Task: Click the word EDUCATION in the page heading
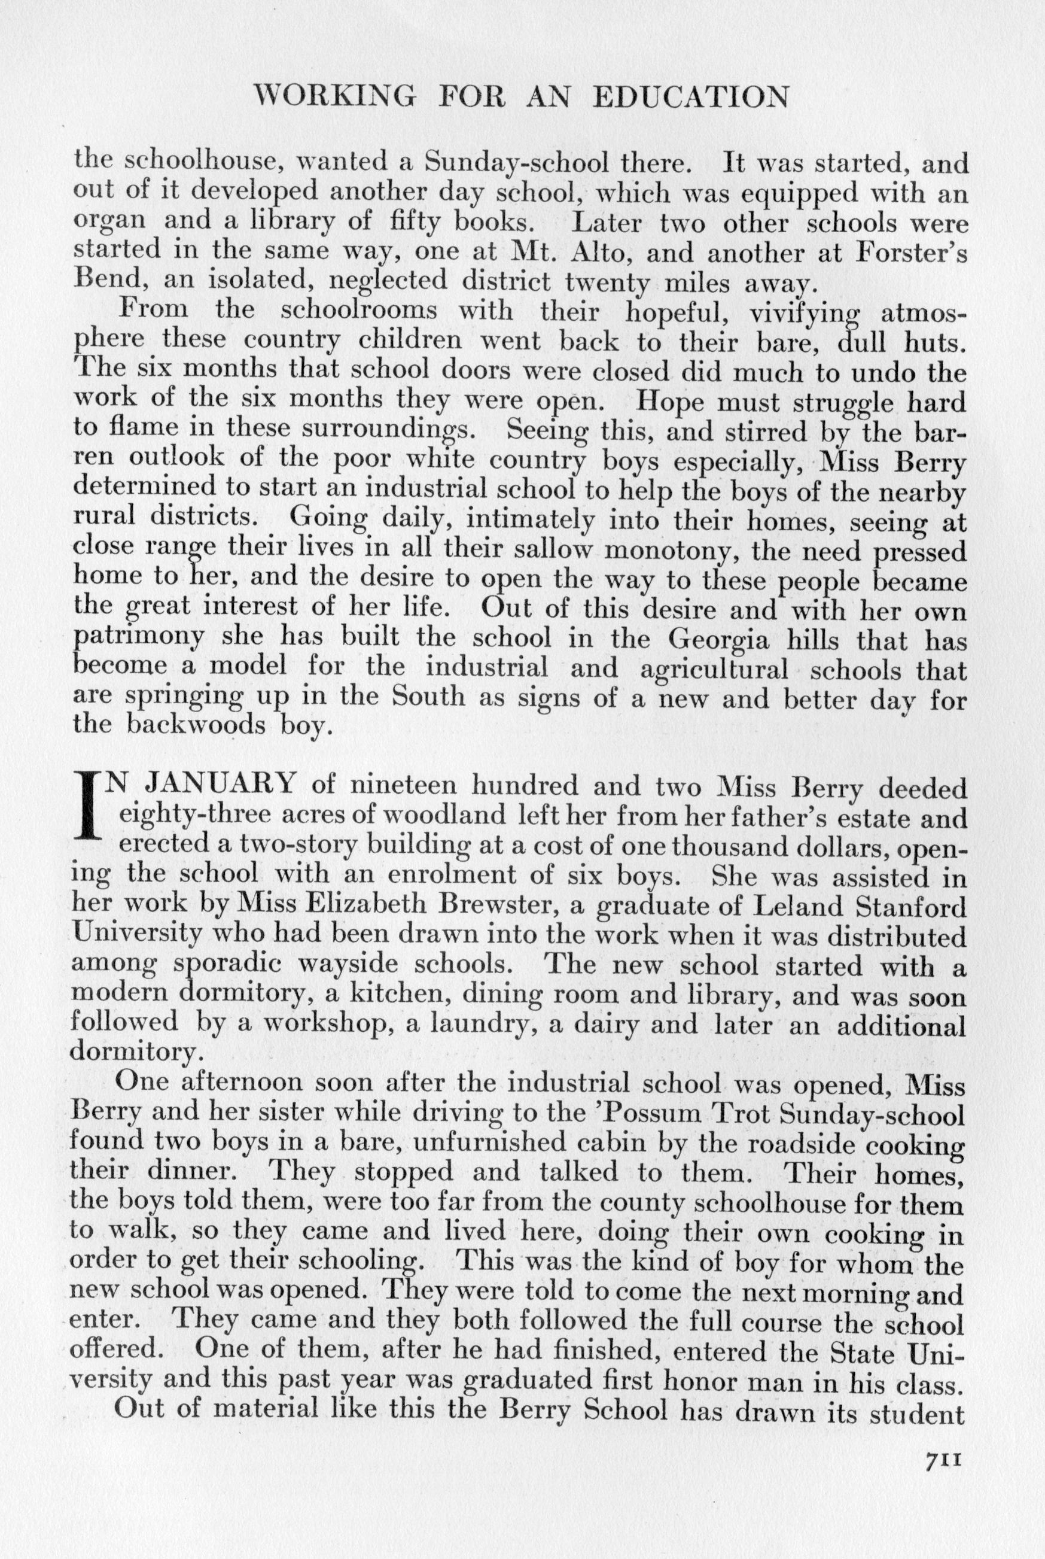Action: point(690,98)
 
